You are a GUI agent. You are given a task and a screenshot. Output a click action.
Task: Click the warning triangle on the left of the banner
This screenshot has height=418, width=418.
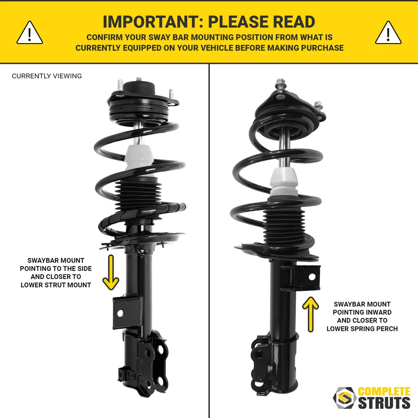30,34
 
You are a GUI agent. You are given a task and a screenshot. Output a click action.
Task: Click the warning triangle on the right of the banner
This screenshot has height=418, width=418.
388,34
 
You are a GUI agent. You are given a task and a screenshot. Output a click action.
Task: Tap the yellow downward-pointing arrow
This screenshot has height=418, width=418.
111,273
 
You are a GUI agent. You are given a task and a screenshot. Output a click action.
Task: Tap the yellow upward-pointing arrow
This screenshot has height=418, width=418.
310,314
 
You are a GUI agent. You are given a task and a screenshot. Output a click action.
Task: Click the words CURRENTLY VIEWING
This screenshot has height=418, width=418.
47,76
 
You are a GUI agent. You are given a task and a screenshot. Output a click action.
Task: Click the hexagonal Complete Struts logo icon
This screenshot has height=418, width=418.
344,398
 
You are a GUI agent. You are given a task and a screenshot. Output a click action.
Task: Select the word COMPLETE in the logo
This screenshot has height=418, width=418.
384,391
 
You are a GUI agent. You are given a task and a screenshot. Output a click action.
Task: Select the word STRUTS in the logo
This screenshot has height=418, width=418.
384,403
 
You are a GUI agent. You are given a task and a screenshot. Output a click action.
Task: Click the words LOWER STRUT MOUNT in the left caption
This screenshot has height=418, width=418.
56,285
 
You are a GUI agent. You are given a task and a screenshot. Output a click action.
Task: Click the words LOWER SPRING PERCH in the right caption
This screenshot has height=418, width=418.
362,329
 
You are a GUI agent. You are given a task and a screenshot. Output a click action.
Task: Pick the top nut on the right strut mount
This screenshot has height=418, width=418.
280,82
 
